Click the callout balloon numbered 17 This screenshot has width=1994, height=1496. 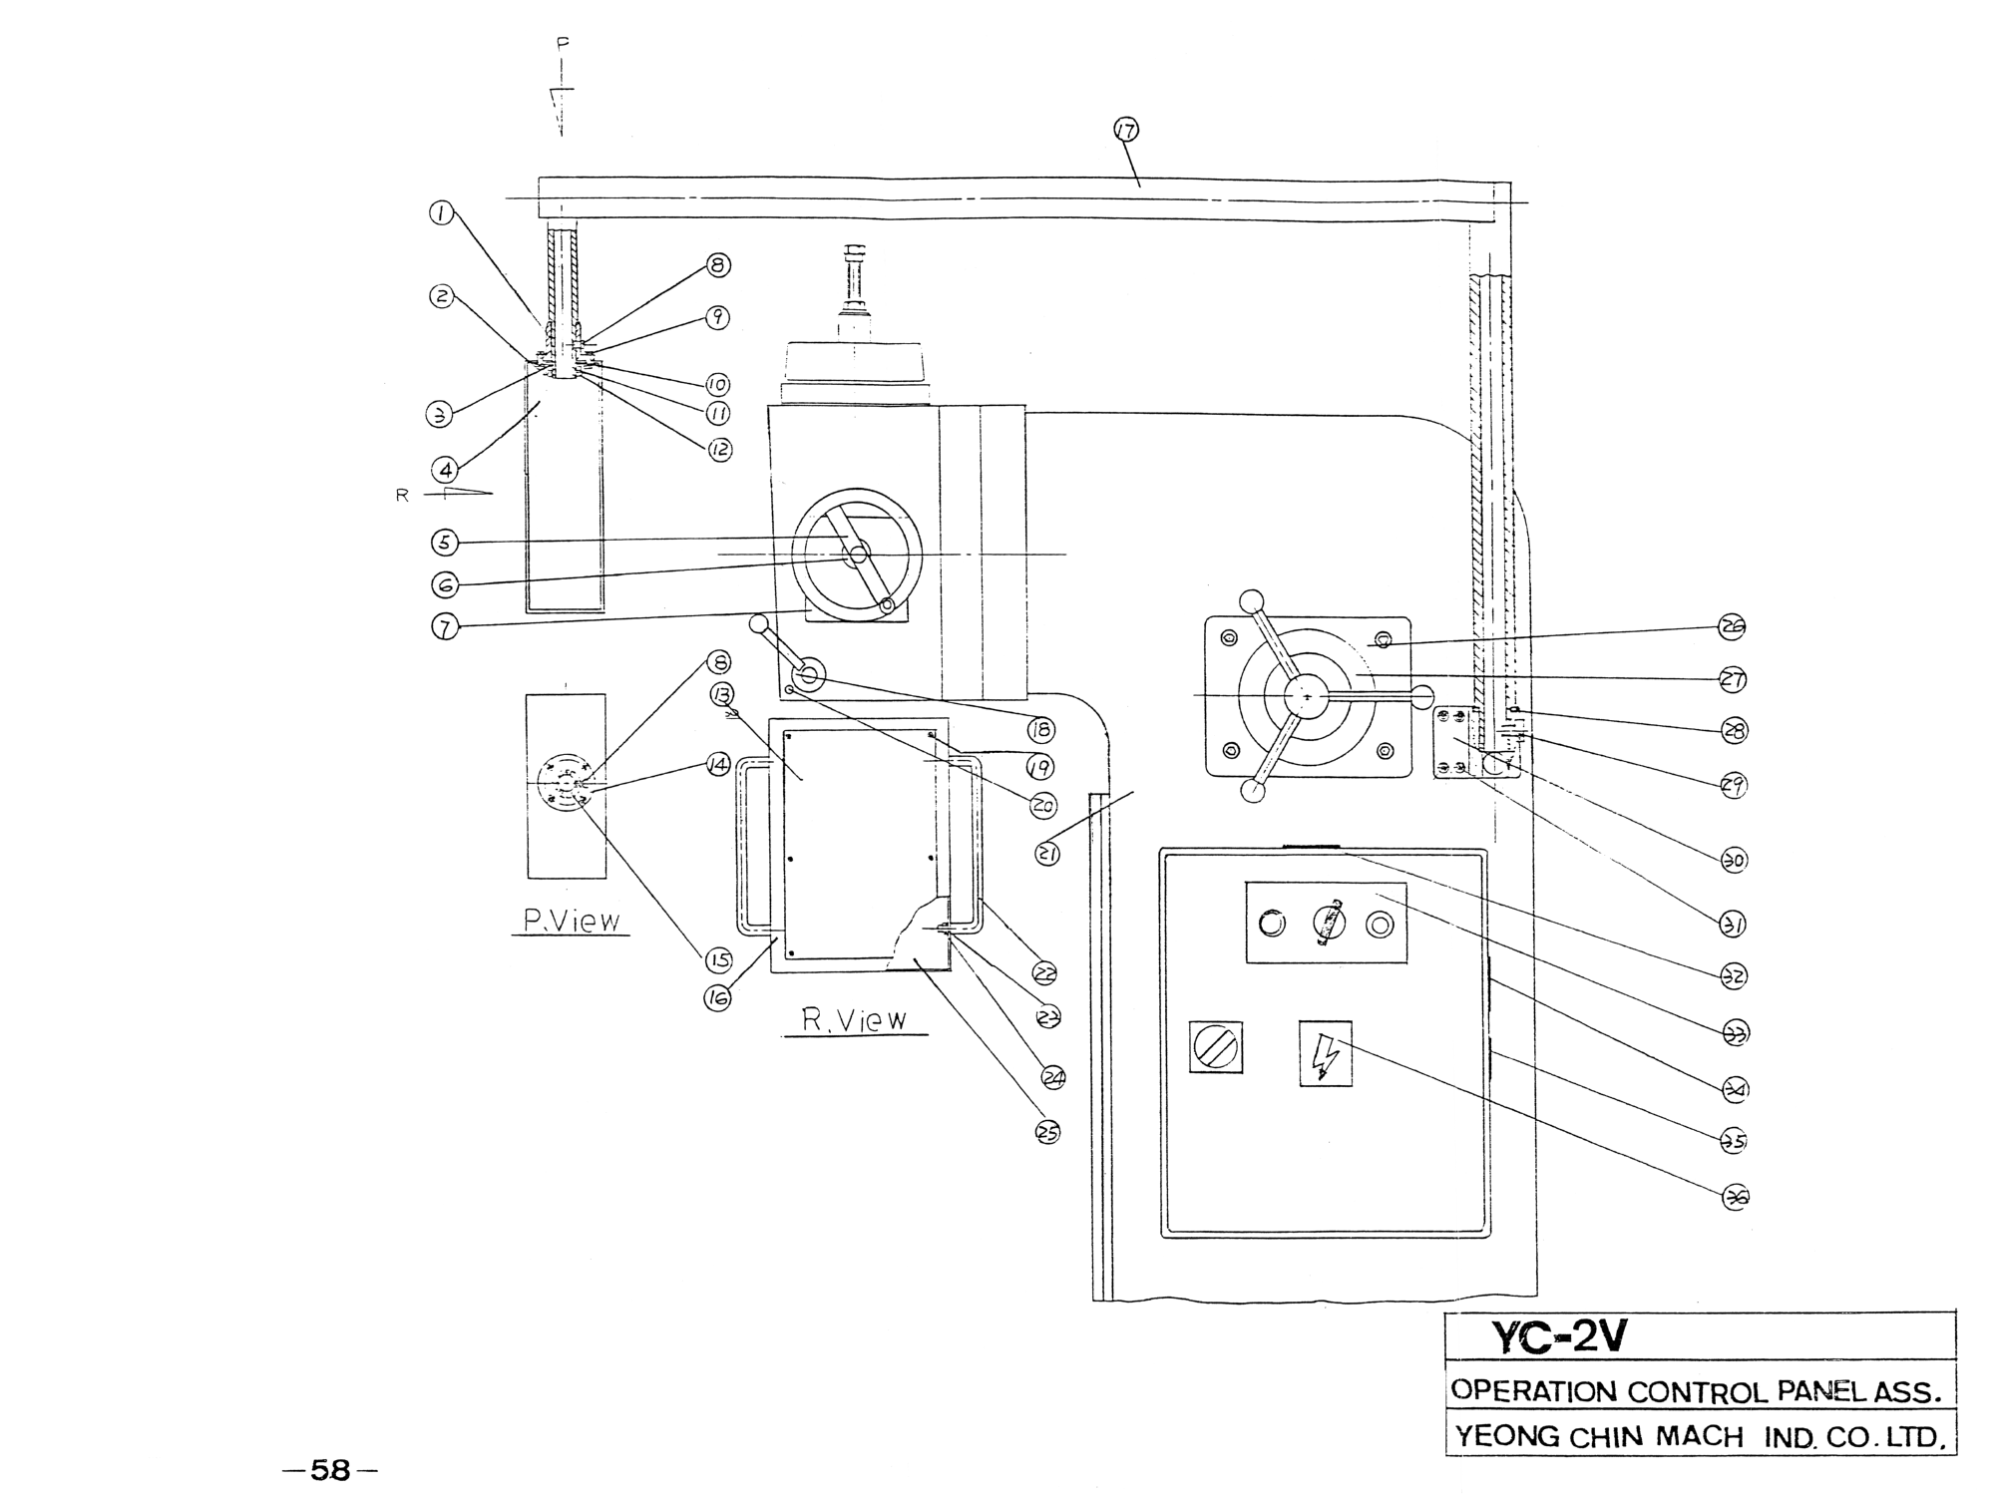coord(1126,130)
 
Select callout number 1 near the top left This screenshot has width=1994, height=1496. coord(442,212)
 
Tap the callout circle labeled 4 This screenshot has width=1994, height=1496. coord(446,468)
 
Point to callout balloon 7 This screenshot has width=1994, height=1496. coord(445,626)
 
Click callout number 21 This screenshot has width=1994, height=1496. coord(1047,853)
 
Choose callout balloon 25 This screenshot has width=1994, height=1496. coord(1048,1132)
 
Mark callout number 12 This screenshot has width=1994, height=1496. coord(720,450)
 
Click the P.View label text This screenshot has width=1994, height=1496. coord(572,921)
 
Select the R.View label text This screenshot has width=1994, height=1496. coord(855,1020)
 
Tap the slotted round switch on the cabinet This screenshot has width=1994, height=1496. coord(1216,1048)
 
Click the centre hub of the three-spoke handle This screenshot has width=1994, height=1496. coord(1306,696)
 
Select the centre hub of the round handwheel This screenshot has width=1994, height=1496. coord(858,552)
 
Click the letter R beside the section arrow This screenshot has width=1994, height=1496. coord(403,495)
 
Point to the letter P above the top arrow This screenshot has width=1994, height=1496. coord(563,43)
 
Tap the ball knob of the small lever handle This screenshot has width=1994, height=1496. coord(759,623)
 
